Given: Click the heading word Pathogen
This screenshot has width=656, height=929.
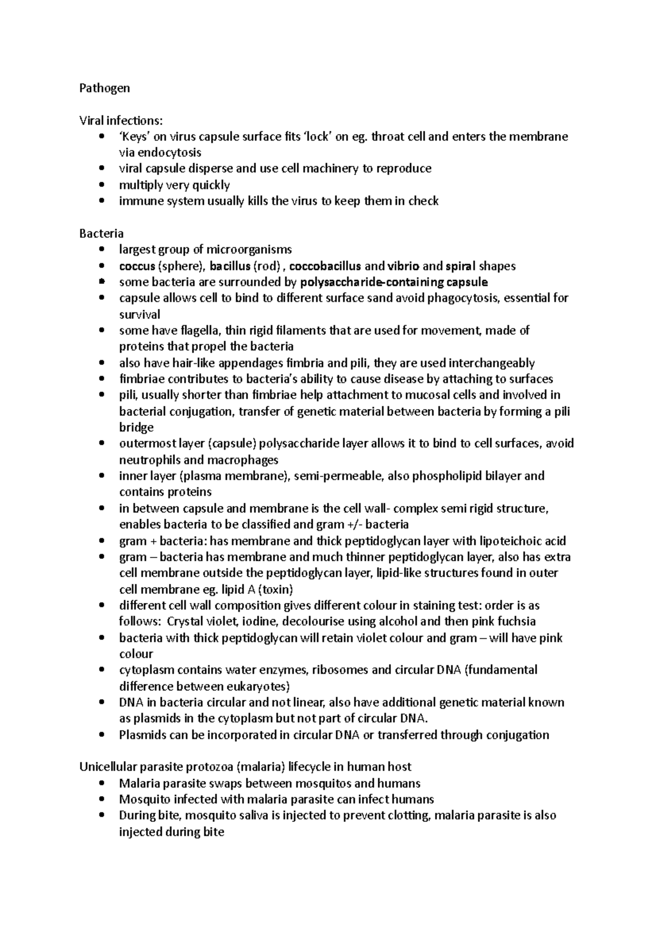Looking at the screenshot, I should [104, 88].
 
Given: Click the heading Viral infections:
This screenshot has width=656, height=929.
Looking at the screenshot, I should [121, 120].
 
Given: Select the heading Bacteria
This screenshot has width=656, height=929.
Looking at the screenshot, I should [101, 234].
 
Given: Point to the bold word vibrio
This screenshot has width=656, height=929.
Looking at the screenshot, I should [403, 266].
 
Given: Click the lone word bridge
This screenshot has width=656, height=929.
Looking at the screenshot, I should [136, 427].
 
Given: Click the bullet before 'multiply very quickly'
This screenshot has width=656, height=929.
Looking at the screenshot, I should [102, 185].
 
